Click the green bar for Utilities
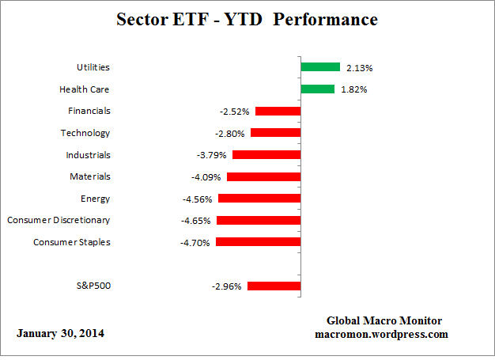[319, 67]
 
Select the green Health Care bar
[317, 89]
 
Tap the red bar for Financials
[278, 112]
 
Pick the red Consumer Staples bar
[258, 242]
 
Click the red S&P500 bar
[274, 286]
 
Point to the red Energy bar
[259, 199]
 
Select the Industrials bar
[266, 155]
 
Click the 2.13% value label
[359, 68]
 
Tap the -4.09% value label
[207, 177]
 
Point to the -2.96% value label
[228, 286]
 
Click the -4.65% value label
[197, 221]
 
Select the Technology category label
[85, 133]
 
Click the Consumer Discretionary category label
[59, 220]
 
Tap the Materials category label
[89, 176]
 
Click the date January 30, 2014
[60, 333]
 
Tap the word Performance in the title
[321, 18]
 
